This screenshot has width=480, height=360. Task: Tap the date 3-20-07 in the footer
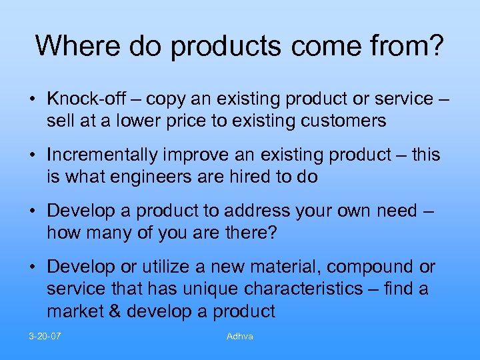point(45,336)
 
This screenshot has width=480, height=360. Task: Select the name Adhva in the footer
point(239,336)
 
